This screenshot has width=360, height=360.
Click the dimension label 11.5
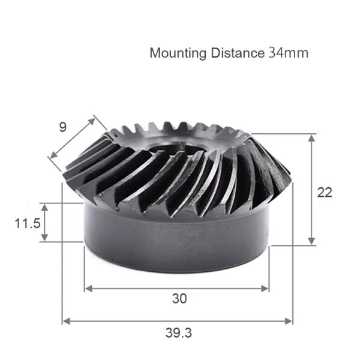coord(28,223)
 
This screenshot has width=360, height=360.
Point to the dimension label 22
coord(325,192)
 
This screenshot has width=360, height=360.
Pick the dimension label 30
coord(179,298)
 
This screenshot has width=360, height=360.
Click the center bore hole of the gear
coord(175,149)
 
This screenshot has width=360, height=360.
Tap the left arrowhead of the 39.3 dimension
coord(66,321)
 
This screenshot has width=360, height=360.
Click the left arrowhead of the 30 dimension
coord(88,288)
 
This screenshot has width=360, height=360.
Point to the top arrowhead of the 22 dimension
coord(311,138)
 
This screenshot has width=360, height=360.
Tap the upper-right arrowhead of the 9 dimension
coord(92,120)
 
